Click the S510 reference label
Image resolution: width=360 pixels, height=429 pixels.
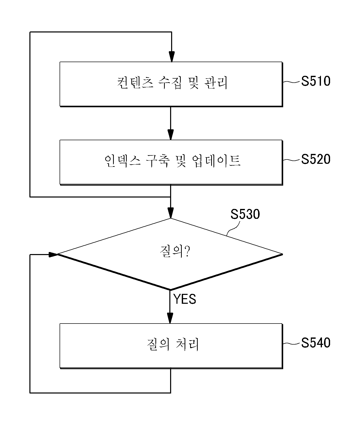316,81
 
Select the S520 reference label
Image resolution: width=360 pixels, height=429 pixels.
316,159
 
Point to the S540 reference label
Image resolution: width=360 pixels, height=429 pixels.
316,343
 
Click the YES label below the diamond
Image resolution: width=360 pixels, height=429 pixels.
185,299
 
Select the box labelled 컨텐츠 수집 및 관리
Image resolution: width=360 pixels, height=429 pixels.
171,84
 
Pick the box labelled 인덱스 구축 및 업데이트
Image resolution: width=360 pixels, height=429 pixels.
171,162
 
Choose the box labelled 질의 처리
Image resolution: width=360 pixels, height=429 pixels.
171,346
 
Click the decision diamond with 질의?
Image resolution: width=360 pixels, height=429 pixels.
170,254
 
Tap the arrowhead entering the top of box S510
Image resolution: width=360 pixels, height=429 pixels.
172,57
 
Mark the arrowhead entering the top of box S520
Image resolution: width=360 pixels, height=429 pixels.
171,135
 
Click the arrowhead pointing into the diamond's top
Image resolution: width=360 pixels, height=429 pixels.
171,213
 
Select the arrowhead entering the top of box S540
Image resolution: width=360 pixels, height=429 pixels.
170,318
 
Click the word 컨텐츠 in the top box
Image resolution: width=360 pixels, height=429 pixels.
135,83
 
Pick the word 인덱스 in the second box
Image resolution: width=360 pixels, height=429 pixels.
122,161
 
